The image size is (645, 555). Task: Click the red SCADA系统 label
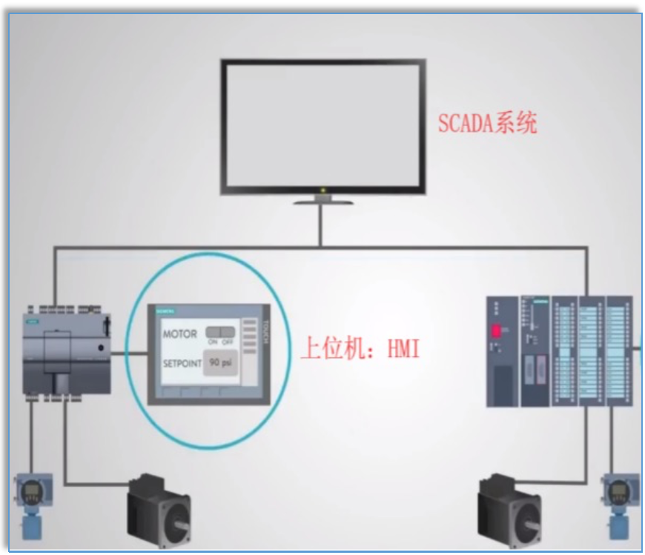click(487, 122)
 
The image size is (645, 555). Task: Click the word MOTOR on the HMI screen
click(180, 334)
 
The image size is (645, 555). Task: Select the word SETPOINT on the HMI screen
click(182, 364)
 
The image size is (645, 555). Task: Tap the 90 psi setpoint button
click(219, 363)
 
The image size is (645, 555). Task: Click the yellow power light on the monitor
click(322, 191)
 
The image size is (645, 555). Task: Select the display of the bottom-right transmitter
click(617, 490)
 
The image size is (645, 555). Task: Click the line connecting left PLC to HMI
click(129, 353)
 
